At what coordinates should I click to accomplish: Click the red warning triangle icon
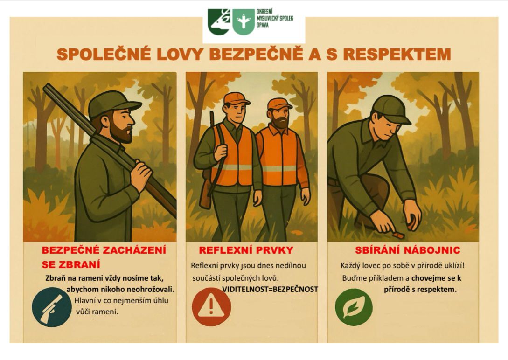coord(211,306)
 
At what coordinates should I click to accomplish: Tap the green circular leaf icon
coord(354,307)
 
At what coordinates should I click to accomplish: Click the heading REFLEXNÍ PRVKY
coord(246,250)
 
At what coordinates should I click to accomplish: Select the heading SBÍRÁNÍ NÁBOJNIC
coord(407,250)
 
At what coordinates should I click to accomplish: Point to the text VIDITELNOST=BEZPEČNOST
coord(270,289)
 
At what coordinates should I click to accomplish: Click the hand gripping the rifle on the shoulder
coord(141,173)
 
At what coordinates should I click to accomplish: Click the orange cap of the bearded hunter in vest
coord(279,103)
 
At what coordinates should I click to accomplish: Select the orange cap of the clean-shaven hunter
coord(236,98)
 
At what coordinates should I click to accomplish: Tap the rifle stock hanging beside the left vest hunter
coord(205,194)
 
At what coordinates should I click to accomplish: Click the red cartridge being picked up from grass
coord(398,235)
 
